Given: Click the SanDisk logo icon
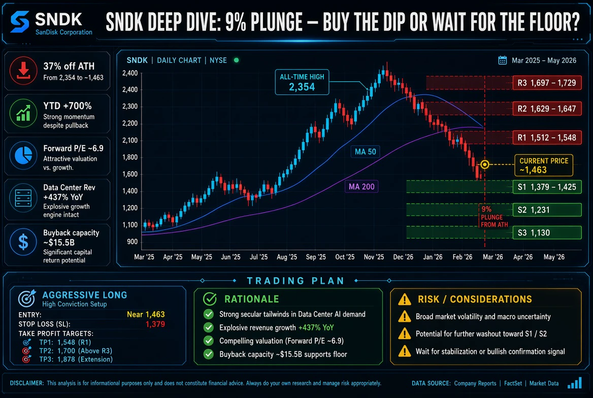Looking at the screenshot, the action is pos(20,21).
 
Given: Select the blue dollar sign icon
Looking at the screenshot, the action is pos(23,242).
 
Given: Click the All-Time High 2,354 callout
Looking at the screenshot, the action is pos(302,82).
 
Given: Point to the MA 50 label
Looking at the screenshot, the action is pos(366,152).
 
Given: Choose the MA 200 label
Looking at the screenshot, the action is pos(361,186).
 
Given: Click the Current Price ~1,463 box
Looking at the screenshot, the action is pos(544,165).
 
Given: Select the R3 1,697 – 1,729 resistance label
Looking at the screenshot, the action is pos(547,83).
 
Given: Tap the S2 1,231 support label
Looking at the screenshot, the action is pos(547,210).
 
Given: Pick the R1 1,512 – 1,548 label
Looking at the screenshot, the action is pos(547,138).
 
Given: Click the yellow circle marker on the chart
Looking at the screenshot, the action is pos(485,164).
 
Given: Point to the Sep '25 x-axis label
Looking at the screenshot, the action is pos(316,257).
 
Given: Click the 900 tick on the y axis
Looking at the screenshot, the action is pos(133,242).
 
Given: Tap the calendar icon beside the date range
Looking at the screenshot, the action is pos(502,60).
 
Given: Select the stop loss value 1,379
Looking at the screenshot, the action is pos(155,324).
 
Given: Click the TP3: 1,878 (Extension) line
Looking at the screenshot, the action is pos(76,359).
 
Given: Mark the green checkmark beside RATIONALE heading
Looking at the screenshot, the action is pos(210,299).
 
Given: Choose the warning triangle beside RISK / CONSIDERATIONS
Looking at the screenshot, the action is pos(405,299).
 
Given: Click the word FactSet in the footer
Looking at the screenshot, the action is pos(513,383).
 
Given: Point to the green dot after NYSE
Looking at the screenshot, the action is pos(237,60).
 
